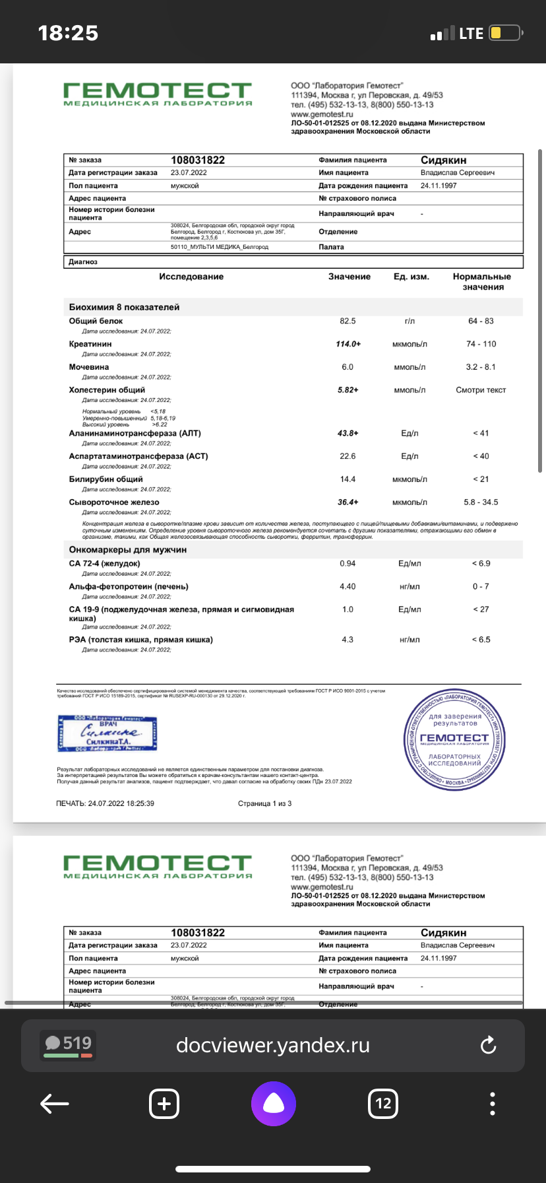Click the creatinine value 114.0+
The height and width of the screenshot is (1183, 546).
(x=348, y=344)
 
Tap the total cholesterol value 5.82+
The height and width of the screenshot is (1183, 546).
(x=348, y=390)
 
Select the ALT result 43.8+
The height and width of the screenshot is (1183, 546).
(x=348, y=433)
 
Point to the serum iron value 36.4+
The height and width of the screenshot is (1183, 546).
(x=348, y=502)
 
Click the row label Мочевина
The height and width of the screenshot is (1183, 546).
(x=89, y=367)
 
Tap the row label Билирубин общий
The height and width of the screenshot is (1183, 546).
(x=106, y=479)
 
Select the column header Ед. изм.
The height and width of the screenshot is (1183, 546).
(x=411, y=277)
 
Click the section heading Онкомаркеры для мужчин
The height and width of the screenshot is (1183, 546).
(x=128, y=549)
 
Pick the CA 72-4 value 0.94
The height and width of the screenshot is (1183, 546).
(x=348, y=564)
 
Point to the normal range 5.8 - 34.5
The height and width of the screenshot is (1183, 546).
(x=481, y=502)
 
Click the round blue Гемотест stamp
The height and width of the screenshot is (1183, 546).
(x=454, y=742)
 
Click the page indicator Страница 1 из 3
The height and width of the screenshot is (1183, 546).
(x=264, y=803)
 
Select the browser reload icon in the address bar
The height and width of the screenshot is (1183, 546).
(x=488, y=1045)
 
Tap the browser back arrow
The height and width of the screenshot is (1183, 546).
(x=55, y=1103)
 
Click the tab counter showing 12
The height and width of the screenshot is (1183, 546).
(x=383, y=1103)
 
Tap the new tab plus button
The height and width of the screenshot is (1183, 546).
(x=164, y=1103)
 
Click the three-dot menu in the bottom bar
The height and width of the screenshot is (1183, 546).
(x=493, y=1103)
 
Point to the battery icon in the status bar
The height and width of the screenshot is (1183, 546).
(x=506, y=33)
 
